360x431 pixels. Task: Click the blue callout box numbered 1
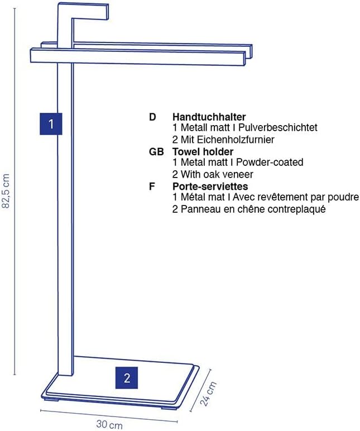[51, 124]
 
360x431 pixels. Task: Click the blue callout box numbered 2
[126, 377]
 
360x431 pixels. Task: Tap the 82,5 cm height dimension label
[6, 191]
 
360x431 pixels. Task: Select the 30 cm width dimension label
[109, 424]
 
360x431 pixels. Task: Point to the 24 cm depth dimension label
[208, 394]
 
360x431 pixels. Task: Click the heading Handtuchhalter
[209, 117]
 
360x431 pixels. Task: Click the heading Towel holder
[203, 151]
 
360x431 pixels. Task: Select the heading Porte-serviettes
[210, 186]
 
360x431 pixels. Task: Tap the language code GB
[156, 152]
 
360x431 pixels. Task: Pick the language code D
[152, 117]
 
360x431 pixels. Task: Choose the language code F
[152, 186]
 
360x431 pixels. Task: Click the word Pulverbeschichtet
[278, 127]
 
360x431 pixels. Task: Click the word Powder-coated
[270, 162]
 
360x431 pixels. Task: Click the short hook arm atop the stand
[90, 12]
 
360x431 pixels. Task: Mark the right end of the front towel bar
[245, 58]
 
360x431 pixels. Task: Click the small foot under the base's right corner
[169, 408]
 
